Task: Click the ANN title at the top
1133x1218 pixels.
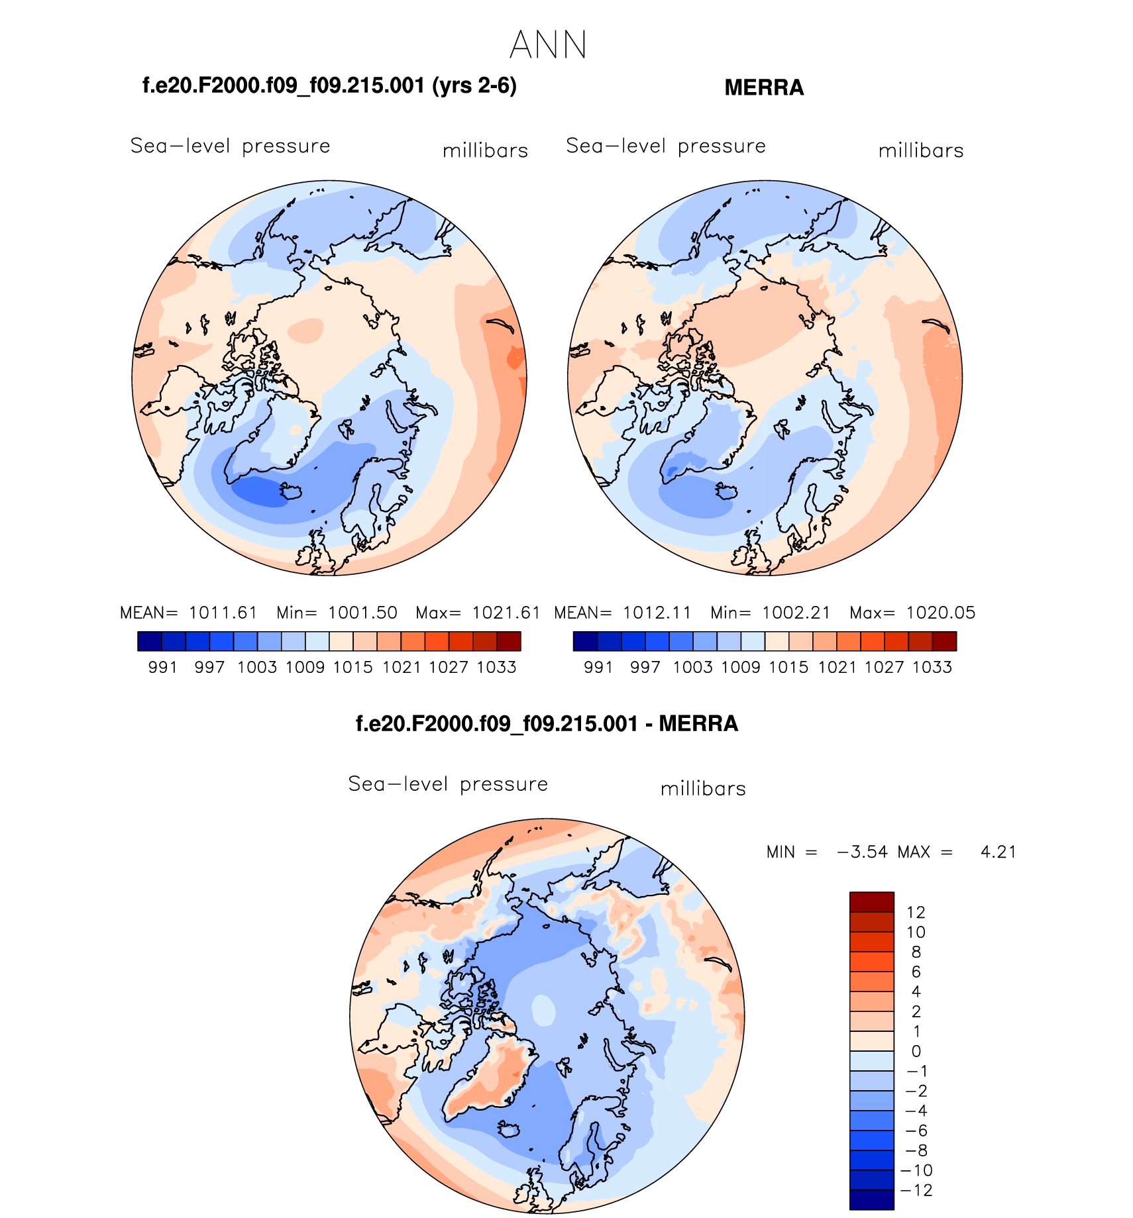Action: pos(548,45)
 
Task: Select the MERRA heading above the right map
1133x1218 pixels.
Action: pos(763,87)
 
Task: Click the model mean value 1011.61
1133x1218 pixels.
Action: pos(223,613)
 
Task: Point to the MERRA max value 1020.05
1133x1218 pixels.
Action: pos(940,613)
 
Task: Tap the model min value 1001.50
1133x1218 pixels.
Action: pos(362,613)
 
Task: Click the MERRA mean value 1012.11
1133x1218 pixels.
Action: pos(657,613)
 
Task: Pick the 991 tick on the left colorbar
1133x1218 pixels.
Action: pos(162,667)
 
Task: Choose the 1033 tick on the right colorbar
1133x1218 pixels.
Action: pos(932,667)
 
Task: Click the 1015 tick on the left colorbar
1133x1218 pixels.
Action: pos(352,667)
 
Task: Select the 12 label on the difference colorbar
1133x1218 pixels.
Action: pos(916,912)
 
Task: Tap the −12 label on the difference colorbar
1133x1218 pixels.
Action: pos(916,1190)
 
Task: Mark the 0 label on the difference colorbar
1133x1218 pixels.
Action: pos(916,1051)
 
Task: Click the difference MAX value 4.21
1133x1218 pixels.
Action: pos(998,852)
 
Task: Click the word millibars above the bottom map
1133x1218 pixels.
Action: pos(703,789)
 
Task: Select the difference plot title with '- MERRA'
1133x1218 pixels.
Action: pos(547,723)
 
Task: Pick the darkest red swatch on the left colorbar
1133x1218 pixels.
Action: pos(509,641)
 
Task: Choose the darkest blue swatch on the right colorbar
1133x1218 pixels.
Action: pos(585,641)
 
